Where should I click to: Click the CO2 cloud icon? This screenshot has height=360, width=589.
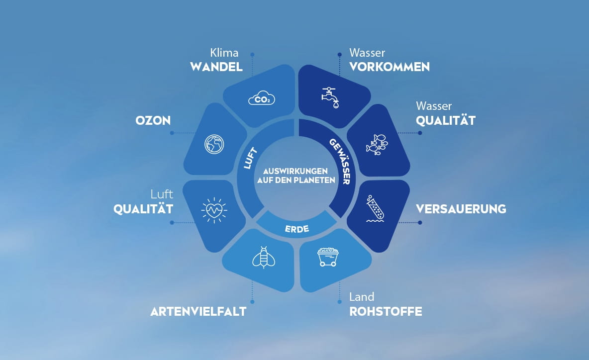tap(262, 98)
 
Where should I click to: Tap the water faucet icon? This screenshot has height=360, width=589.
tap(330, 97)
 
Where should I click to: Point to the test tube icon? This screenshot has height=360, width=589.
tap(375, 208)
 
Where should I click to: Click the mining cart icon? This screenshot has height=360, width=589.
tap(328, 257)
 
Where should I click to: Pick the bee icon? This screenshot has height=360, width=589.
tap(263, 257)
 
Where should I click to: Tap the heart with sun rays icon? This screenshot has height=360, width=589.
tap(214, 210)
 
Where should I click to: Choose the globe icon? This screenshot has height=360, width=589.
tap(214, 144)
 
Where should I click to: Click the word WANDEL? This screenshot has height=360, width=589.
tap(216, 67)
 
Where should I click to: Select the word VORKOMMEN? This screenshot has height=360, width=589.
tap(390, 67)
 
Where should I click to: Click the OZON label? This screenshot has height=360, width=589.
tap(153, 120)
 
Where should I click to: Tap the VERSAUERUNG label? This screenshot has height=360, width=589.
tap(461, 209)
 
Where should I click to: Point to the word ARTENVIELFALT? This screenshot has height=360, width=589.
tap(198, 312)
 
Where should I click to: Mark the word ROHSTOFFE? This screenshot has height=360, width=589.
tap(386, 312)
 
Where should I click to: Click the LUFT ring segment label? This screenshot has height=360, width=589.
tap(250, 158)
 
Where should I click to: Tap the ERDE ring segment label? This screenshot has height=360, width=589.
tap(297, 229)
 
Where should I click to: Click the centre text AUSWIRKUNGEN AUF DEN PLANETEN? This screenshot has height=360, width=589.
tap(296, 176)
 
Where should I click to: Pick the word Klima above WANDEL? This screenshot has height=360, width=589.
tap(224, 53)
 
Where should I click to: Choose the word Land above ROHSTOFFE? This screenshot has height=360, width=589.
tap(362, 297)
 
